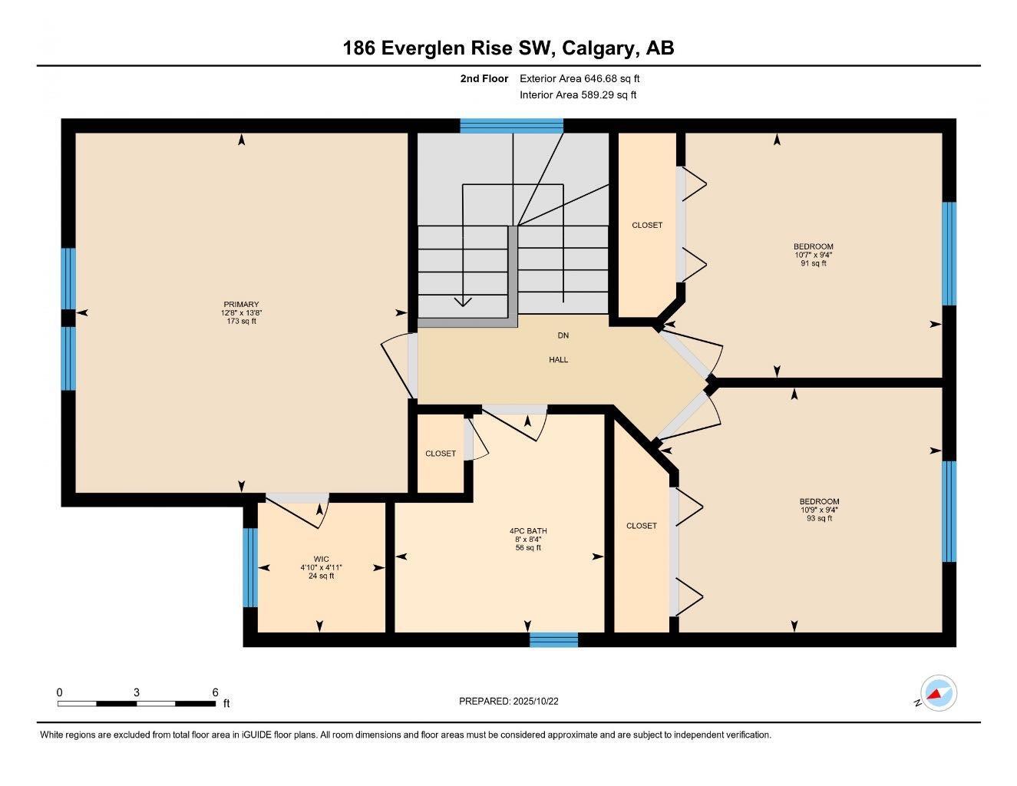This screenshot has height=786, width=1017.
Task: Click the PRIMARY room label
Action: click(241, 304)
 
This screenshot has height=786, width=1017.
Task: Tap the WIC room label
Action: click(321, 559)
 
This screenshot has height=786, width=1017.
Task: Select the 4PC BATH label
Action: click(528, 530)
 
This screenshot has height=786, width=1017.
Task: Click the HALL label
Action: click(558, 359)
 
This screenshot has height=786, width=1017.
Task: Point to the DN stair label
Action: click(563, 335)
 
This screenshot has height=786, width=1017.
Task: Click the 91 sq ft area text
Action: click(813, 263)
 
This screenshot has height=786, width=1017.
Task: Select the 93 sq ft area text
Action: click(819, 518)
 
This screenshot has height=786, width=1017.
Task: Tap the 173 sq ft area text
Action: click(241, 322)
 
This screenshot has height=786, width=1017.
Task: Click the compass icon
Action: click(938, 694)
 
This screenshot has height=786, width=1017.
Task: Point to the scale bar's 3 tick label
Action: click(137, 692)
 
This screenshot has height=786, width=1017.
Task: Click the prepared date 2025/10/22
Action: click(542, 701)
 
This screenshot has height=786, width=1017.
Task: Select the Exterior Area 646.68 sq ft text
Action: click(579, 78)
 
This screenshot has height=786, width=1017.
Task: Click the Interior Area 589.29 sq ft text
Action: click(578, 95)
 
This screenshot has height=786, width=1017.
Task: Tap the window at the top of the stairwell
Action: click(511, 126)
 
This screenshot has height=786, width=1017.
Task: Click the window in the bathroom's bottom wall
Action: click(553, 639)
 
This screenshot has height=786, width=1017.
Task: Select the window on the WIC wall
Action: click(250, 567)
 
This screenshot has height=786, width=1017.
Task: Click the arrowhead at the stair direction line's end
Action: click(463, 301)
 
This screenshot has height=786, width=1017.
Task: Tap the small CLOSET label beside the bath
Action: click(441, 454)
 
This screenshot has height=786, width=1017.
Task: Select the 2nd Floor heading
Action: click(484, 78)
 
